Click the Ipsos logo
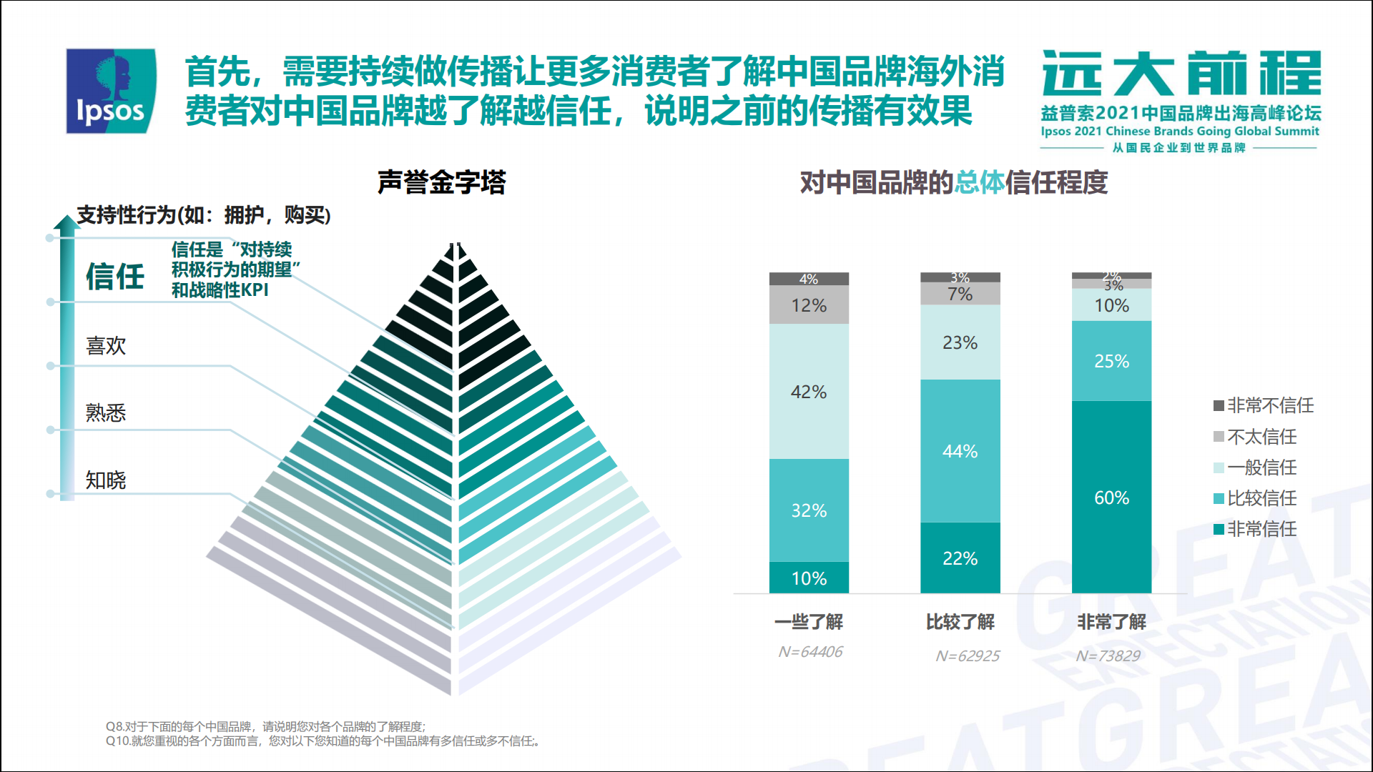(111, 91)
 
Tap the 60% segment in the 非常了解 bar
(1111, 497)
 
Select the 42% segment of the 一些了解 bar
(809, 392)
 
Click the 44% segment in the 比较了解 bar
(960, 451)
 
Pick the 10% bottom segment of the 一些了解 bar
(809, 578)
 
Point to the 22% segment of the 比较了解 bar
(960, 558)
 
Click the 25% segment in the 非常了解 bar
(1111, 361)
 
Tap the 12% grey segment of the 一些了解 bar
(809, 305)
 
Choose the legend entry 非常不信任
(1264, 405)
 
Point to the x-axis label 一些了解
(809, 622)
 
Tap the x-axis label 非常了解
(1111, 622)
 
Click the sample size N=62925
(967, 655)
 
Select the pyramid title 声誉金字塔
(441, 182)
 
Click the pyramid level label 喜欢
(106, 346)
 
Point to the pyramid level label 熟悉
(106, 412)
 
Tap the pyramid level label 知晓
(106, 480)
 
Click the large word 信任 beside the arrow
(115, 277)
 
